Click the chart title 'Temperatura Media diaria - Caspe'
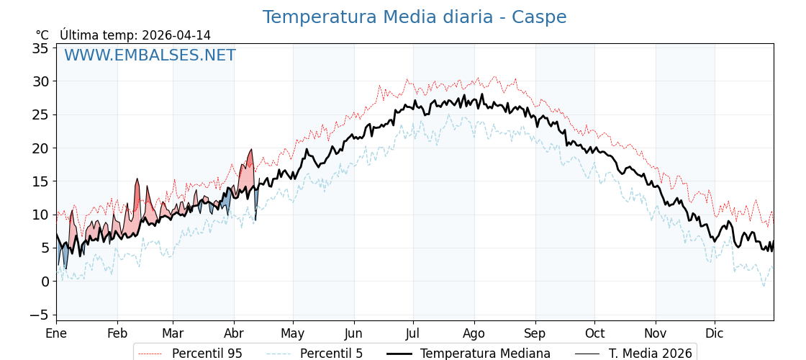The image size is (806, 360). pyautogui.click(x=415, y=17)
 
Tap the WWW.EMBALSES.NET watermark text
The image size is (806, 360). pyautogui.click(x=150, y=55)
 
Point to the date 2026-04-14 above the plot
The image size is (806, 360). pyautogui.click(x=176, y=35)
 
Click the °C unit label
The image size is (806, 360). pyautogui.click(x=42, y=35)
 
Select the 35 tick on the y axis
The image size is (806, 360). pyautogui.click(x=40, y=48)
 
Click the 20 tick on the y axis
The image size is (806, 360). pyautogui.click(x=40, y=148)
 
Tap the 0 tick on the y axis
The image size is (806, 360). pyautogui.click(x=45, y=282)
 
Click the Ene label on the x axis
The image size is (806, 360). pyautogui.click(x=56, y=333)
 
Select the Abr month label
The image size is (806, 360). pyautogui.click(x=234, y=333)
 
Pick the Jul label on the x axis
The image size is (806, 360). pyautogui.click(x=413, y=333)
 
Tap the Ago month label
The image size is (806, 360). pyautogui.click(x=474, y=333)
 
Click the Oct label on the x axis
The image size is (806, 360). pyautogui.click(x=594, y=333)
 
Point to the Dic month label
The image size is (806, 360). pyautogui.click(x=715, y=333)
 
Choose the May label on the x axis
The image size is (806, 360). pyautogui.click(x=293, y=333)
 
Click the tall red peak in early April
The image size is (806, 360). pyautogui.click(x=250, y=153)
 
